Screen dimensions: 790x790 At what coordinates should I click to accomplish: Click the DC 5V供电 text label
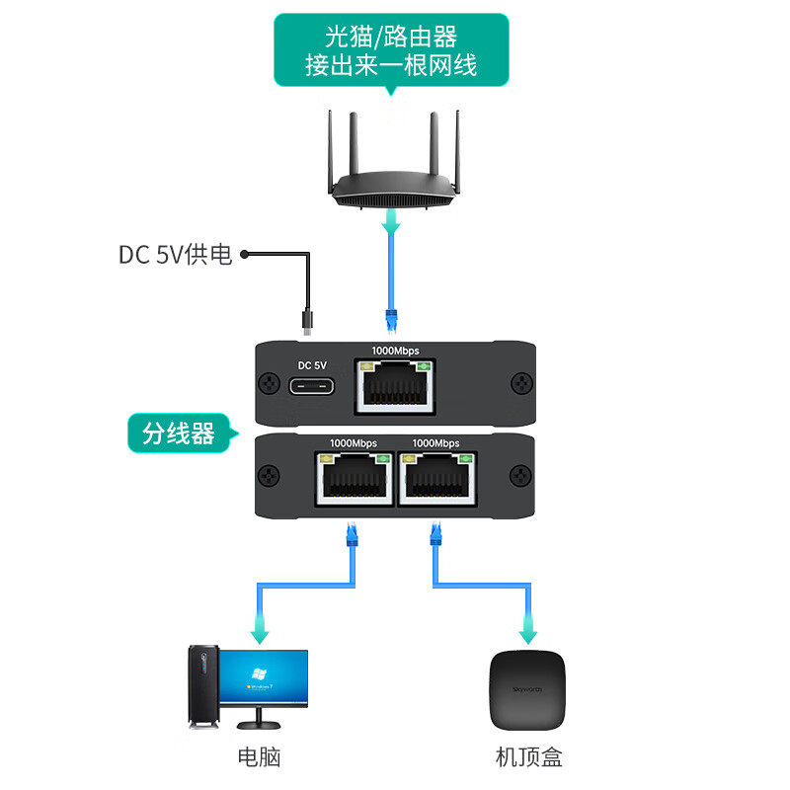click(x=175, y=255)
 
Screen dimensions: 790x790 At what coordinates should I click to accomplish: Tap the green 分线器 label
click(x=178, y=434)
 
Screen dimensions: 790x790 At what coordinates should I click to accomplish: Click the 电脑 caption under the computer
click(x=260, y=757)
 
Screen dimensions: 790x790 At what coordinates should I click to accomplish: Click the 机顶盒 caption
click(x=529, y=757)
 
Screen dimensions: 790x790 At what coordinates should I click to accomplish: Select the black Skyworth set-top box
click(x=530, y=687)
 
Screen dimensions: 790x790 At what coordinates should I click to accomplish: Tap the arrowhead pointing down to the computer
click(x=261, y=626)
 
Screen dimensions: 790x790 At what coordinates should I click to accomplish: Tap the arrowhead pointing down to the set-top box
click(x=529, y=626)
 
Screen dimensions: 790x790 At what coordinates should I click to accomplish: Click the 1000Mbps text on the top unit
click(x=395, y=351)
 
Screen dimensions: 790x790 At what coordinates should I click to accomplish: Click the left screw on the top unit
click(x=268, y=383)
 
